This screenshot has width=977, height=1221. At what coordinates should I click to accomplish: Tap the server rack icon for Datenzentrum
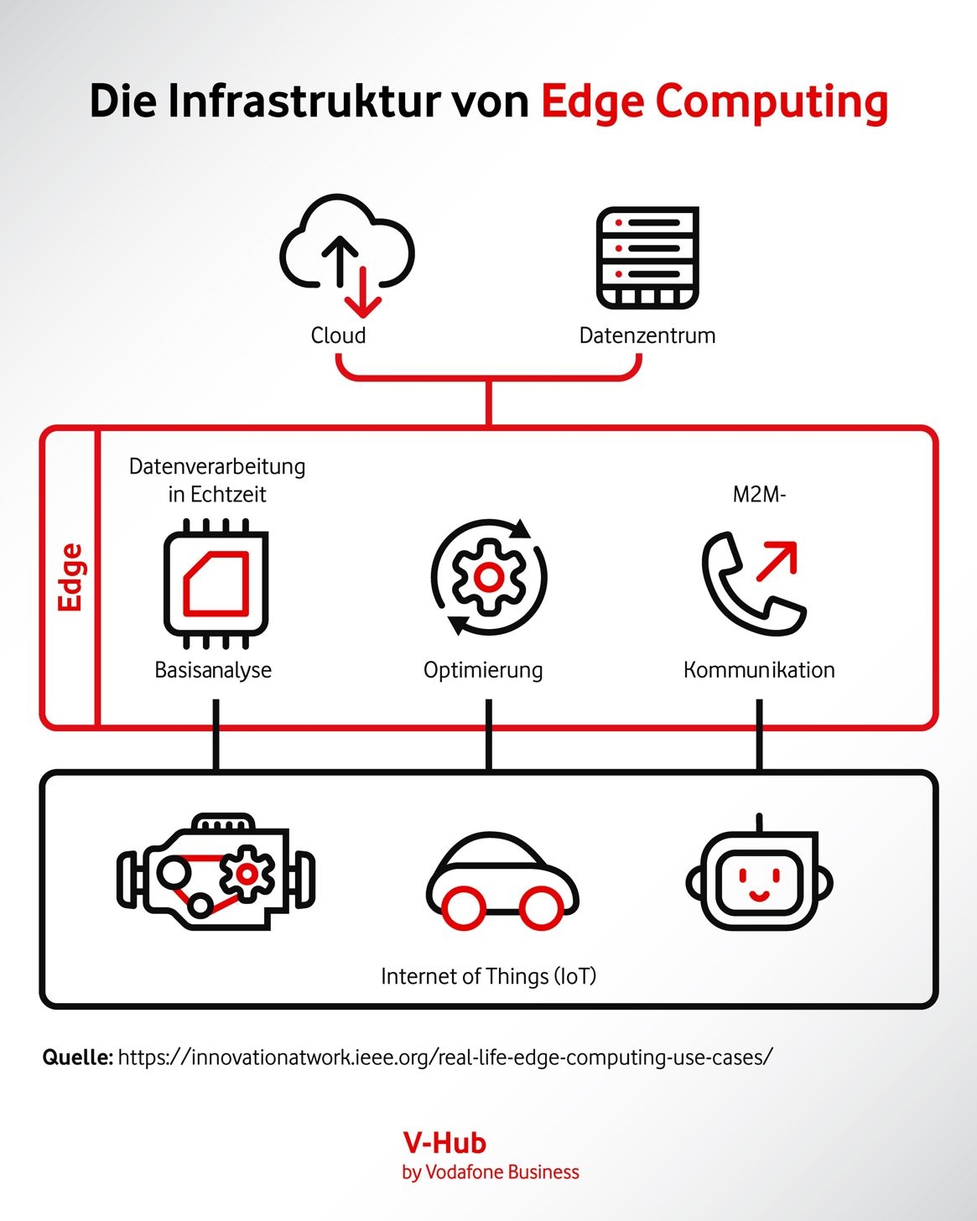coord(647,257)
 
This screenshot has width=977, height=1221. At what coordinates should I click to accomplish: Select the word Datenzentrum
coord(647,335)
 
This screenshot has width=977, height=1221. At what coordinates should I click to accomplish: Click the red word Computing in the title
coord(772,102)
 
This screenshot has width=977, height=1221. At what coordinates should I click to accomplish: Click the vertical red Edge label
coord(70,577)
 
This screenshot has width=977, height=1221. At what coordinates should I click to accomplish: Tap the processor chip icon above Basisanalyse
coord(216,584)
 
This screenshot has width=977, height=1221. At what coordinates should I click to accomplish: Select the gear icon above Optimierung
coord(489,577)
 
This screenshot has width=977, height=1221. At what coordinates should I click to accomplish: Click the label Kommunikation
coord(759,670)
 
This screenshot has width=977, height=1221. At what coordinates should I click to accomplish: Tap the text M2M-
coord(759,494)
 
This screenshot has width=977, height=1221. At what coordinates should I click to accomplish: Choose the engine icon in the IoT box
coord(216,872)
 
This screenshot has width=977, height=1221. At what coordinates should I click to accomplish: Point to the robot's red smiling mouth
coord(759,895)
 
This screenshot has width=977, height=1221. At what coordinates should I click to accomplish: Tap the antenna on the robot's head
coord(759,823)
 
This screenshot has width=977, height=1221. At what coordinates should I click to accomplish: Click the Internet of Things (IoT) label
coord(488,976)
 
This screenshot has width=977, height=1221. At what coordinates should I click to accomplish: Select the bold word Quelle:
coord(77,1057)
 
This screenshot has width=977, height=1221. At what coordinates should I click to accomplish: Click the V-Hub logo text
coord(444,1142)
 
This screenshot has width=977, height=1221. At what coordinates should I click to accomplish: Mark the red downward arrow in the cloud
coord(363,294)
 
